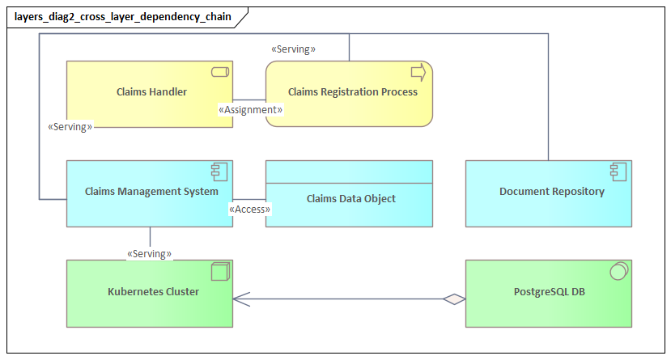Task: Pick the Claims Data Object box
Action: click(x=350, y=198)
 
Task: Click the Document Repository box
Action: click(x=549, y=193)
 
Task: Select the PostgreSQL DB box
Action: click(x=549, y=292)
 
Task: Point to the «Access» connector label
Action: click(x=250, y=210)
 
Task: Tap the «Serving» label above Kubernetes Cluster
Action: click(x=149, y=254)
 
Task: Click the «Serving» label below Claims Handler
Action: click(x=70, y=127)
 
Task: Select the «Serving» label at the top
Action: click(x=293, y=49)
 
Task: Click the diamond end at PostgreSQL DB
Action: click(x=455, y=299)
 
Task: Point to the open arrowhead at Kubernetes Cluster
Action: click(x=239, y=299)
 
